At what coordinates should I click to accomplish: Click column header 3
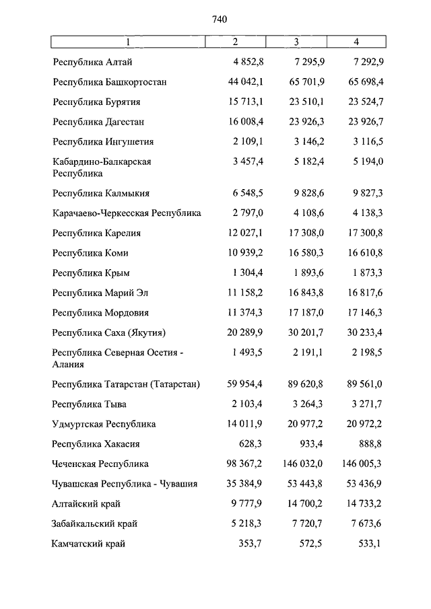coord(296,42)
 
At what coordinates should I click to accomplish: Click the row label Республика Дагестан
coord(98,122)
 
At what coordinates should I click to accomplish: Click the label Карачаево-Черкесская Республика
coord(127,213)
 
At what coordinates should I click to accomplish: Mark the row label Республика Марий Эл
coord(100,293)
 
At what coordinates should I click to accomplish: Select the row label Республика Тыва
coord(89,404)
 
